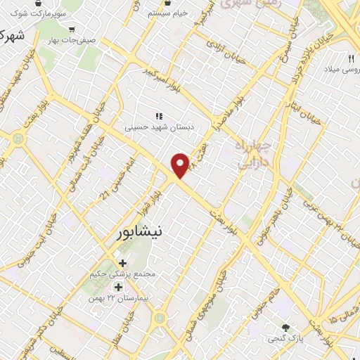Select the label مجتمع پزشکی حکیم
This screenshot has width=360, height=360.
point(122,274)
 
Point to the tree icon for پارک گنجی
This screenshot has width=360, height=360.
point(285,328)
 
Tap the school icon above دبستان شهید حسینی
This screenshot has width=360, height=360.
point(159,117)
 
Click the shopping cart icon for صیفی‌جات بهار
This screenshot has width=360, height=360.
point(72,30)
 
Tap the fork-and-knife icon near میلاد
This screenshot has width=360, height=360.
point(351,58)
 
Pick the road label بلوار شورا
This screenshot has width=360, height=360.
point(156,200)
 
